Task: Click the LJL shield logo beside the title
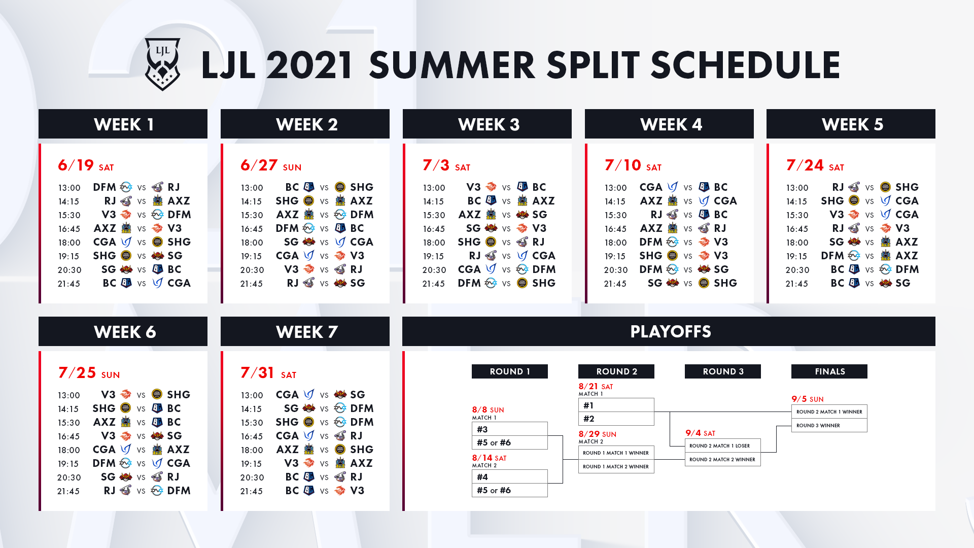162,64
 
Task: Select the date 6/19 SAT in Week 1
86,165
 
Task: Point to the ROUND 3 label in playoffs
723,371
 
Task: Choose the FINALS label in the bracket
829,371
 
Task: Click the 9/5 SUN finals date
808,399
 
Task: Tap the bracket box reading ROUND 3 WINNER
829,425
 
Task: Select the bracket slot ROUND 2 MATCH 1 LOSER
723,446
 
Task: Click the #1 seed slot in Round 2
616,405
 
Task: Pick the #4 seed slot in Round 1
510,476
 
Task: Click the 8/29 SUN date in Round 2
598,434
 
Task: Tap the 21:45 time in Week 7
251,491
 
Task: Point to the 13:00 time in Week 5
797,188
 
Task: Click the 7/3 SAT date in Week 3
446,165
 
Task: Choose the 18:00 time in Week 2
252,243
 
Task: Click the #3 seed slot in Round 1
510,429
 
